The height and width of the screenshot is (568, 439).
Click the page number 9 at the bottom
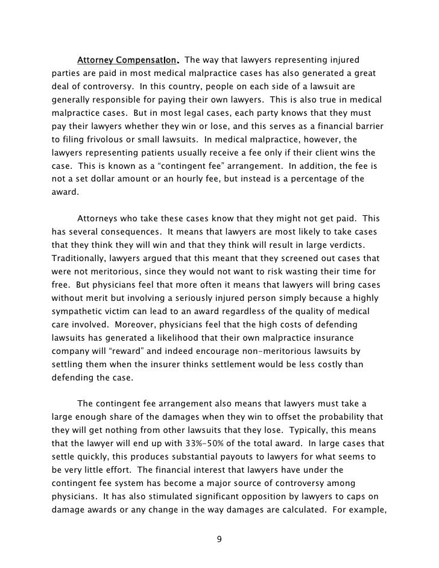(x=219, y=538)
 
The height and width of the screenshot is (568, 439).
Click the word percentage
(x=322, y=180)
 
